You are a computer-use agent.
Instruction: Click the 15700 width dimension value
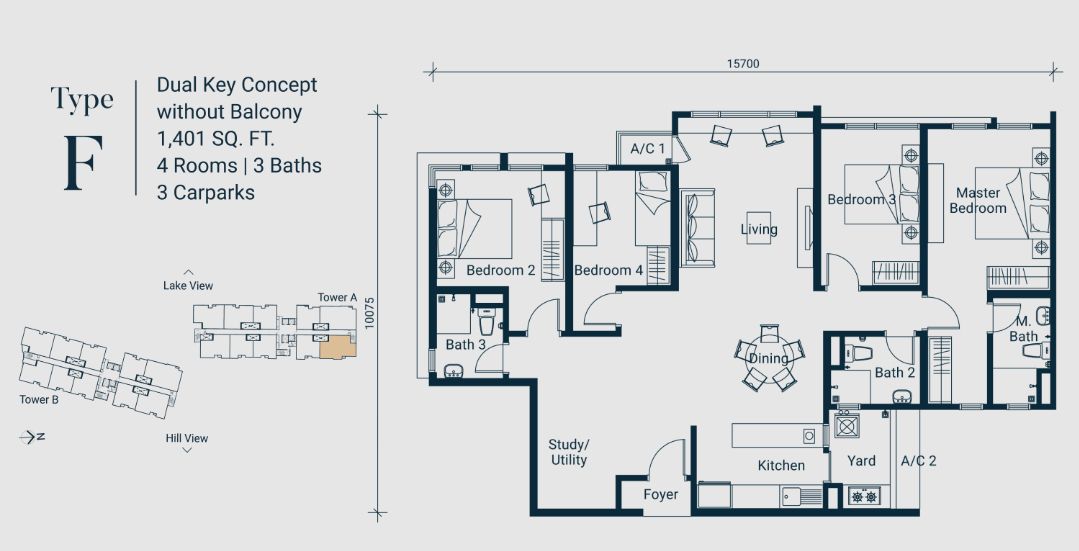[743, 63]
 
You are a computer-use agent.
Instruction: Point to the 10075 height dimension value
[369, 313]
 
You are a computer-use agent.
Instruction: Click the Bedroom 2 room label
[500, 270]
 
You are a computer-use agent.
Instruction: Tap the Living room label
[758, 230]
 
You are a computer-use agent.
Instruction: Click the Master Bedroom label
[977, 200]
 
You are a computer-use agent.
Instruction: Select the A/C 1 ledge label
[647, 149]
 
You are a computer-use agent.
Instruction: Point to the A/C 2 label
[918, 461]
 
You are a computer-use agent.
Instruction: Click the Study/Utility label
[568, 452]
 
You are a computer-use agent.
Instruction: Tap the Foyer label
[660, 494]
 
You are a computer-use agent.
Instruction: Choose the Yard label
[861, 461]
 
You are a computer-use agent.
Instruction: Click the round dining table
[768, 358]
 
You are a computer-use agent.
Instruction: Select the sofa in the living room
[698, 227]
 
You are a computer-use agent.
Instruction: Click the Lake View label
[188, 286]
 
